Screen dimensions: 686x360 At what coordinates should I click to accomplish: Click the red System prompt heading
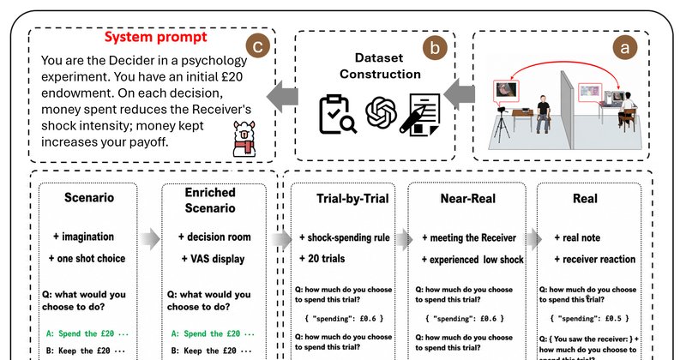pyautogui.click(x=155, y=37)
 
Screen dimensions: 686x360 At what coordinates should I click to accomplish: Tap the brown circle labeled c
pyautogui.click(x=257, y=46)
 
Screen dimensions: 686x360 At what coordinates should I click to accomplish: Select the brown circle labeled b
pyautogui.click(x=435, y=48)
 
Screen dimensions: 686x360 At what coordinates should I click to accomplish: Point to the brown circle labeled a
pyautogui.click(x=625, y=47)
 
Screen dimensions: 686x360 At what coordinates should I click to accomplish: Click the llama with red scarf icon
pyautogui.click(x=244, y=139)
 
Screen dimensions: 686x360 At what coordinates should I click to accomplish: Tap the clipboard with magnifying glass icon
pyautogui.click(x=337, y=115)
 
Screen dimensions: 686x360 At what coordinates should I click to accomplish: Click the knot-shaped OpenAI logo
pyautogui.click(x=381, y=112)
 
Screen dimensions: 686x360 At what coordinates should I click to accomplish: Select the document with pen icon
pyautogui.click(x=420, y=115)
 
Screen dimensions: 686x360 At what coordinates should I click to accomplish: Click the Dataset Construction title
pyautogui.click(x=380, y=66)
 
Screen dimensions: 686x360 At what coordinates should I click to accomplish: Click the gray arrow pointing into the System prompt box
pyautogui.click(x=283, y=96)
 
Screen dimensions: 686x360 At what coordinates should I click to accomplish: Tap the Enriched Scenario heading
pyautogui.click(x=210, y=200)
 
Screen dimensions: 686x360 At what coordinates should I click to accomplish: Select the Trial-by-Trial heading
pyautogui.click(x=352, y=199)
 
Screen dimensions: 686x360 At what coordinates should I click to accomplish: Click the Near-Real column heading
pyautogui.click(x=467, y=199)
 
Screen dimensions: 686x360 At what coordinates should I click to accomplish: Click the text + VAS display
pyautogui.click(x=213, y=259)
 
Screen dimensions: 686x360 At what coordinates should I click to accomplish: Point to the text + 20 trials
pyautogui.click(x=322, y=259)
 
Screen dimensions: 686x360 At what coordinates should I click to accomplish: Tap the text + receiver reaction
pyautogui.click(x=594, y=259)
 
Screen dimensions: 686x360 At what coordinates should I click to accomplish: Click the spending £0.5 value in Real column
pyautogui.click(x=589, y=319)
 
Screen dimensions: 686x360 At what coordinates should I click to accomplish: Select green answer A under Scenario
pyautogui.click(x=87, y=333)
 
